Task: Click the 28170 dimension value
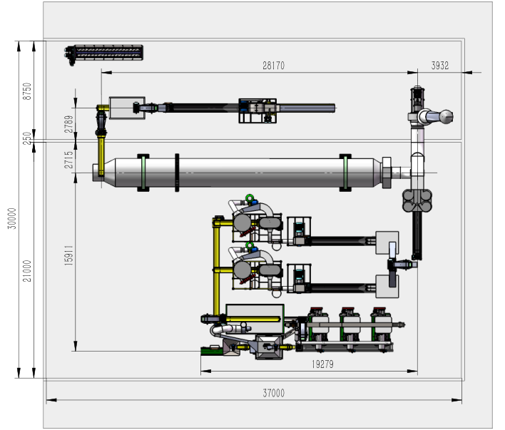pyautogui.click(x=273, y=66)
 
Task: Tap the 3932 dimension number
pyautogui.click(x=440, y=66)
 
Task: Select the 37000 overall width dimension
pyautogui.click(x=273, y=393)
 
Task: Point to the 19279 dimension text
pyautogui.click(x=322, y=364)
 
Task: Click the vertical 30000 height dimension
pyautogui.click(x=12, y=218)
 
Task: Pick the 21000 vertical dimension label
pyautogui.click(x=27, y=271)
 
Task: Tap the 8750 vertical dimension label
pyautogui.click(x=27, y=91)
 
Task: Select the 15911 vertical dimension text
pyautogui.click(x=68, y=255)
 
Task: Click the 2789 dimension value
pyautogui.click(x=68, y=124)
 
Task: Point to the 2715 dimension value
pyautogui.click(x=68, y=160)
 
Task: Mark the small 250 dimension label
pyautogui.click(x=27, y=138)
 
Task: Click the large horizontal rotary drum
pyautogui.click(x=242, y=173)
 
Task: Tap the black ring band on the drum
pyautogui.click(x=177, y=173)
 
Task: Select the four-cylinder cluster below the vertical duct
pyautogui.click(x=417, y=200)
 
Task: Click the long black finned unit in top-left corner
pyautogui.click(x=103, y=53)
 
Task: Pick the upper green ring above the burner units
pyautogui.click(x=249, y=198)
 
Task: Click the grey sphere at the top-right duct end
pyautogui.click(x=447, y=117)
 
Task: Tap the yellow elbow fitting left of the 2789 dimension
pyautogui.click(x=103, y=108)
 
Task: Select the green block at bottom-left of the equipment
pyautogui.click(x=211, y=351)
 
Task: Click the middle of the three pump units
pyautogui.click(x=349, y=329)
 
